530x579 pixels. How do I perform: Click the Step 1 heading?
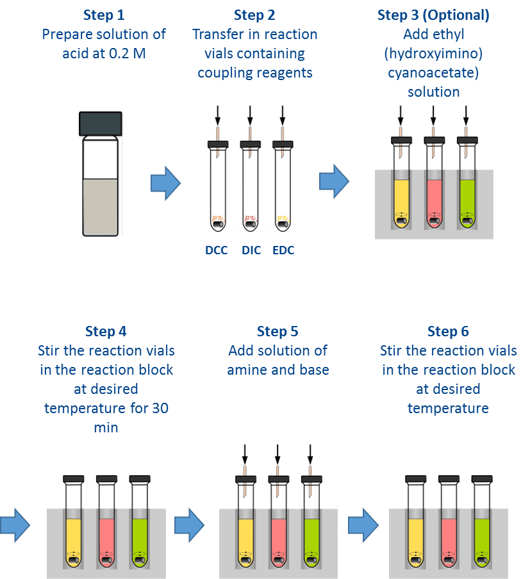point(104,15)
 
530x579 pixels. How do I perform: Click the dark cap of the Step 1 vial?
point(101,124)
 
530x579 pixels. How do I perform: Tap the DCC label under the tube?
point(217,250)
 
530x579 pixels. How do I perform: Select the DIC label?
point(251,250)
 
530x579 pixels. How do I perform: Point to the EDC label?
point(283,250)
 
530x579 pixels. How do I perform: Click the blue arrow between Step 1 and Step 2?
point(165,183)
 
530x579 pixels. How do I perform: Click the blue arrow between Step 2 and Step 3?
point(334,181)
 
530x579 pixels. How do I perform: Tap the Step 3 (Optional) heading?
point(433,15)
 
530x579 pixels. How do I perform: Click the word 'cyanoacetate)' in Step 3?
point(433,73)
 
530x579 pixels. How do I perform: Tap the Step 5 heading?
point(277,332)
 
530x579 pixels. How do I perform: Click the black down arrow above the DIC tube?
point(250,115)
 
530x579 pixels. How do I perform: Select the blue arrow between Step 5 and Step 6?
point(363,525)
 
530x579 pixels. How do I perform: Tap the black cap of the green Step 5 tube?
point(311,479)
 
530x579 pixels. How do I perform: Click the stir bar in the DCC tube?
point(218,224)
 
